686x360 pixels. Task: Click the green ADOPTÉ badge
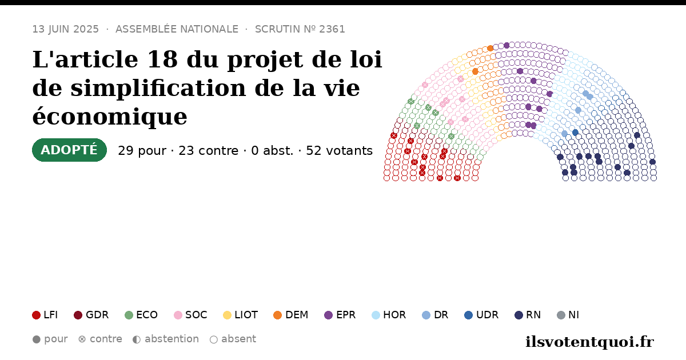pos(70,150)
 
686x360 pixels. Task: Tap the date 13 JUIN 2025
pos(66,29)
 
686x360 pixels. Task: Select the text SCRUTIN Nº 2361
pos(300,29)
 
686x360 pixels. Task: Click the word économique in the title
pos(110,117)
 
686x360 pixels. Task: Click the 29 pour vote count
pos(142,151)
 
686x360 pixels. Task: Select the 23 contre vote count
pos(208,151)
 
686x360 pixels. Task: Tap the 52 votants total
pos(340,151)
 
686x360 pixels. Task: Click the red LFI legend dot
pos(36,315)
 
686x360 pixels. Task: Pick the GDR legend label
pos(97,315)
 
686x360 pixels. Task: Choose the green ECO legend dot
pos(129,315)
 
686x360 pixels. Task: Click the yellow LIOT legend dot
pos(227,315)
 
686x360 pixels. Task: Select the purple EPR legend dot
pos(328,315)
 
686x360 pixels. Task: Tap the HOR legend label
pos(394,315)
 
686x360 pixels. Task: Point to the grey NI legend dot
pos(561,315)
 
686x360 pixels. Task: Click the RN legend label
pos(533,315)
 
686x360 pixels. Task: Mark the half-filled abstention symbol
pos(137,339)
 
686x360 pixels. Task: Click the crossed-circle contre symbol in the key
pos(82,339)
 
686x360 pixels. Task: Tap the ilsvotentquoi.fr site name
pos(589,342)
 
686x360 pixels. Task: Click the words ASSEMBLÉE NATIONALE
pos(177,29)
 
